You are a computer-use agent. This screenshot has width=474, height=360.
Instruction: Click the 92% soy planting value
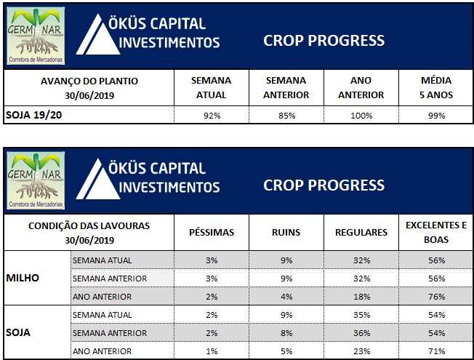click(x=212, y=116)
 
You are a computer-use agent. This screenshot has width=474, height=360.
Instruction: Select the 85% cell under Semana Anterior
click(x=286, y=116)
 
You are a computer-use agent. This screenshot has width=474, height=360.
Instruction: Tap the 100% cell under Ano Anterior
click(x=361, y=116)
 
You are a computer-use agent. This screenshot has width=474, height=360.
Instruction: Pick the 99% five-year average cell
click(x=436, y=116)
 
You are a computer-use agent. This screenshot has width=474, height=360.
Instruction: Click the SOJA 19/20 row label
click(x=33, y=115)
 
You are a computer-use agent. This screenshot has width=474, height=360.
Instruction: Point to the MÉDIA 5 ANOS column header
click(x=436, y=88)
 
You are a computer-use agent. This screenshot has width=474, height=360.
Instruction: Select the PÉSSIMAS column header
click(x=212, y=232)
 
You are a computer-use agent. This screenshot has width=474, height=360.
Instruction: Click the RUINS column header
click(x=286, y=232)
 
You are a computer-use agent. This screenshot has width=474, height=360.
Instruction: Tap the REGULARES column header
click(x=361, y=232)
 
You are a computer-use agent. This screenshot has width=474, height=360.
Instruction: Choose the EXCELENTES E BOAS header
click(x=436, y=232)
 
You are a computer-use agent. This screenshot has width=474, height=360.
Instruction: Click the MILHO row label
click(x=23, y=278)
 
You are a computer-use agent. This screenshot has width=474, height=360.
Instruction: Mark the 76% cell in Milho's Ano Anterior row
click(x=436, y=297)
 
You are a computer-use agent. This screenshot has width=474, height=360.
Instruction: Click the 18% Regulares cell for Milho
click(x=361, y=297)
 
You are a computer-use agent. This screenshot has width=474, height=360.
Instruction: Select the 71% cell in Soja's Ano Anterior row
click(x=436, y=351)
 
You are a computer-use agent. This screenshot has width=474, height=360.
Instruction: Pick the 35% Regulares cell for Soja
click(x=361, y=315)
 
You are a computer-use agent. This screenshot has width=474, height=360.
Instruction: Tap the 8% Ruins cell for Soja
click(x=286, y=333)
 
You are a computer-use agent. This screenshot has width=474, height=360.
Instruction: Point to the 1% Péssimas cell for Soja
click(x=212, y=351)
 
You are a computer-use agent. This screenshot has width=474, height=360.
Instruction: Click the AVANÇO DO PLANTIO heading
click(x=89, y=81)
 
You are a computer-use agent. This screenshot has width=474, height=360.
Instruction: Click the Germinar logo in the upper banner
click(x=36, y=36)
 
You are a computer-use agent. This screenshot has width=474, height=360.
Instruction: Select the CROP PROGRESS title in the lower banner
click(x=324, y=185)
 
